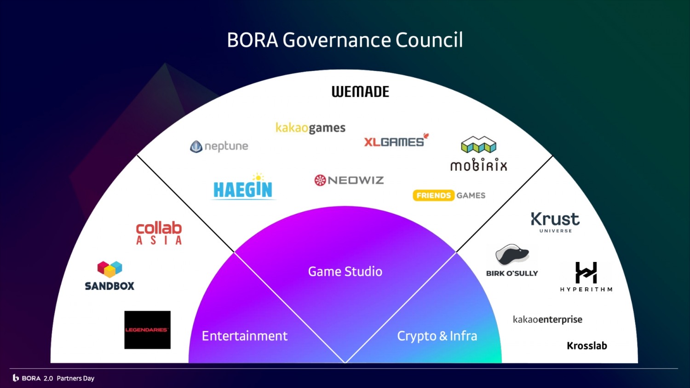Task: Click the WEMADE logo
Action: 360,92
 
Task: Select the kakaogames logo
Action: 310,128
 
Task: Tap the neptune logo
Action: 219,146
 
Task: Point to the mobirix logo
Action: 478,154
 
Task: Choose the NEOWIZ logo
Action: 349,180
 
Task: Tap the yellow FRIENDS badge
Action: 433,196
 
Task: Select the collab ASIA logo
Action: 159,233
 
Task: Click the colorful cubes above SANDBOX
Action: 109,269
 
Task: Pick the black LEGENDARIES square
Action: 147,330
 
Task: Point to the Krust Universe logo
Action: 555,222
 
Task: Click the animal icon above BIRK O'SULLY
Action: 512,255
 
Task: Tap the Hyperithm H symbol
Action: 586,272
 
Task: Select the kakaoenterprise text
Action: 547,319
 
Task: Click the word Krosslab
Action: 587,346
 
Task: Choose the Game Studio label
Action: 345,272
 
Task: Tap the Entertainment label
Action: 245,336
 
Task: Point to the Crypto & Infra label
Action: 437,336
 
